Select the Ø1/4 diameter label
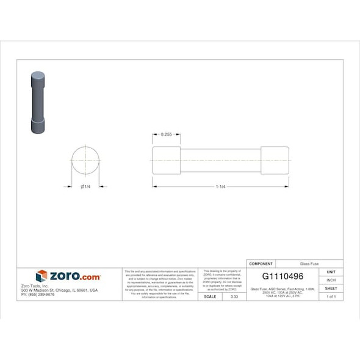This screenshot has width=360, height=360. (x=85, y=186)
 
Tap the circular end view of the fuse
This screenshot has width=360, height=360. (x=85, y=160)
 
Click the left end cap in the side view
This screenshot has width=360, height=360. (x=166, y=160)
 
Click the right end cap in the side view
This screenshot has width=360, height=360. (x=274, y=160)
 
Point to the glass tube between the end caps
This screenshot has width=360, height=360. (x=220, y=160)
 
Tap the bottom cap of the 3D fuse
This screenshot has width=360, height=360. (x=38, y=126)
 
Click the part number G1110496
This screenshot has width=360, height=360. (x=283, y=276)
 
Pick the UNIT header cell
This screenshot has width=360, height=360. (x=331, y=272)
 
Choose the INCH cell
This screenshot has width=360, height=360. (x=331, y=280)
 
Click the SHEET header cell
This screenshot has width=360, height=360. (x=331, y=288)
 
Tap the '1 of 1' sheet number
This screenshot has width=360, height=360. (x=331, y=297)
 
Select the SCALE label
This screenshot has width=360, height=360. (x=209, y=297)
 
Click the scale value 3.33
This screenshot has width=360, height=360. (x=234, y=297)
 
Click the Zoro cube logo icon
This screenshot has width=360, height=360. (x=41, y=276)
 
